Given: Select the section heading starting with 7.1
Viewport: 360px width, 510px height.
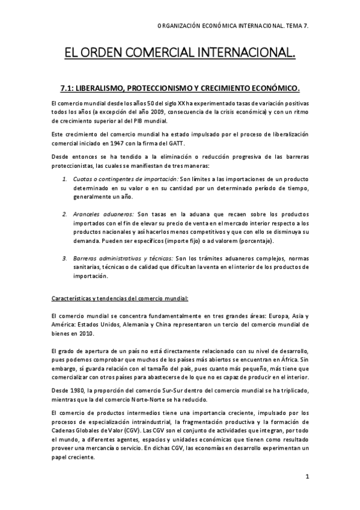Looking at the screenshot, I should (x=180, y=88).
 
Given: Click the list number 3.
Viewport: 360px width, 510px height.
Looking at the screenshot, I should (x=65, y=259).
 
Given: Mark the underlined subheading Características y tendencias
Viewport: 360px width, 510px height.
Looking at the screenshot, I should (x=120, y=298).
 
